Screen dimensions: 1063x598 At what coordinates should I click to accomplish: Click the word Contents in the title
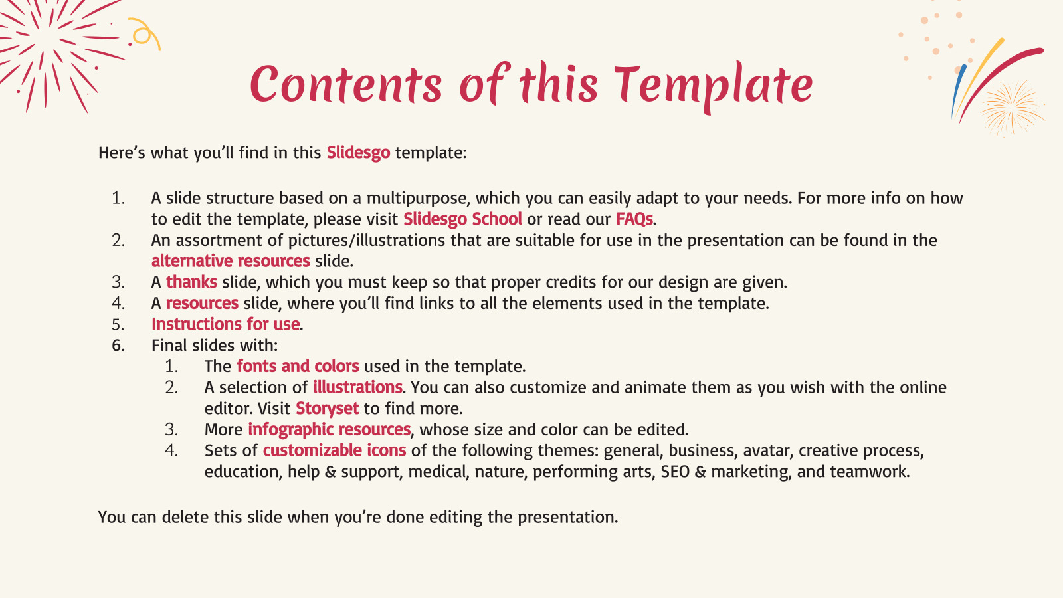[x=346, y=84]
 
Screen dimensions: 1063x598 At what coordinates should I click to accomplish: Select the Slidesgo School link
[x=462, y=219]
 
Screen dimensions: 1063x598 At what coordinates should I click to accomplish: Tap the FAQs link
[x=634, y=219]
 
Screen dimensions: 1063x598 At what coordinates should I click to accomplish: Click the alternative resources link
[x=231, y=261]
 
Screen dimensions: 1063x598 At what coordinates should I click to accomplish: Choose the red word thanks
[x=192, y=282]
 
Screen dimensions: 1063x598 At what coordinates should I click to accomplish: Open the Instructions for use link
[x=225, y=324]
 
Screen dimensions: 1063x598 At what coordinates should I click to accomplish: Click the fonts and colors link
[x=298, y=366]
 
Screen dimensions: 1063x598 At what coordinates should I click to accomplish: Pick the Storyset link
[x=328, y=409]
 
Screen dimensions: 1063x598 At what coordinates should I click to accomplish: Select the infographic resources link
[x=330, y=429]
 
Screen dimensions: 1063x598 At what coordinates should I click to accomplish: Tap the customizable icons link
[x=335, y=450]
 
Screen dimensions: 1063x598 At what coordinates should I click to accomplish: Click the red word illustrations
[x=358, y=387]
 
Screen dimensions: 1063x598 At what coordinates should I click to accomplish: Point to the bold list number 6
[x=119, y=346]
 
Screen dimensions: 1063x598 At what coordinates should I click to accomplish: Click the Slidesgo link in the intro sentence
[x=358, y=153]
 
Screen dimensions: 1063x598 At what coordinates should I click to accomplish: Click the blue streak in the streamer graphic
[x=958, y=90]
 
